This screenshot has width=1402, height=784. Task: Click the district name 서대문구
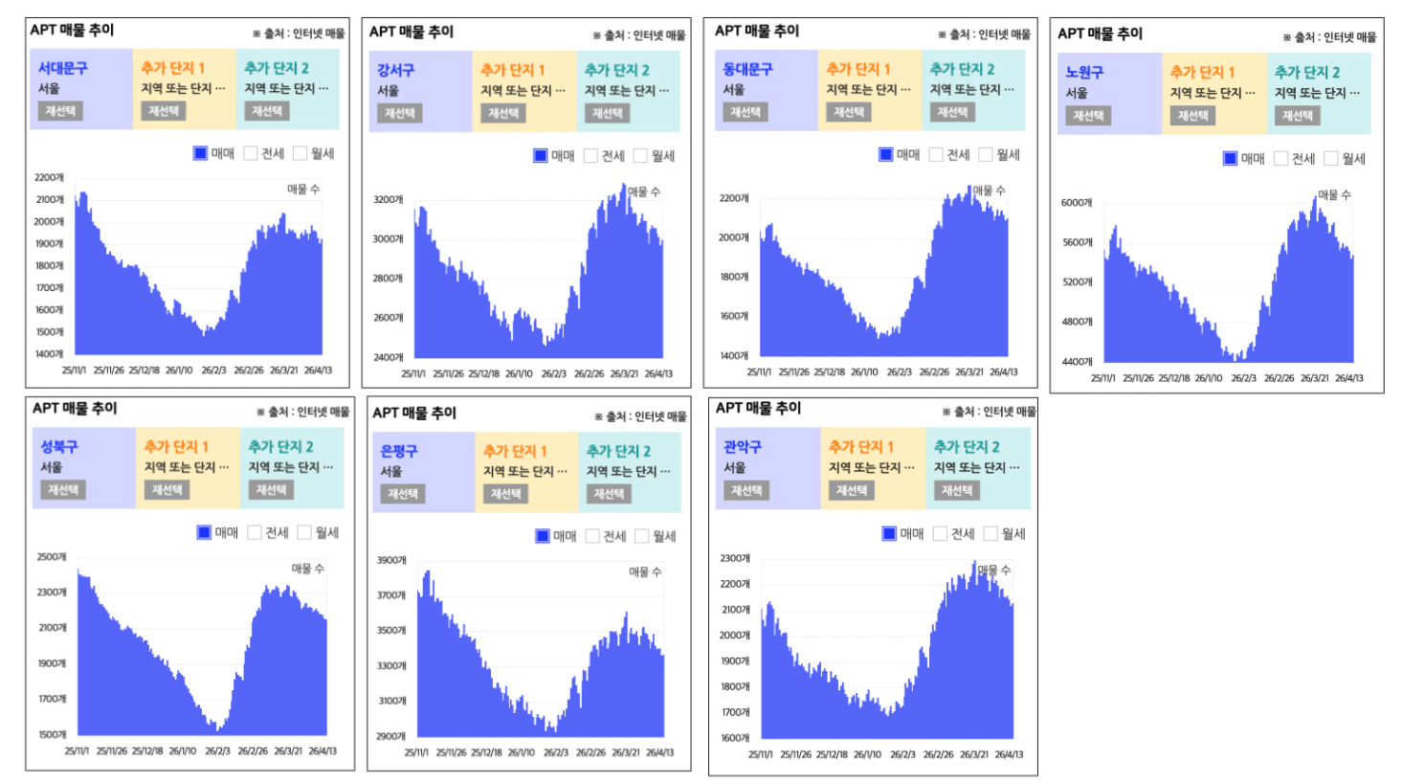[x=62, y=68]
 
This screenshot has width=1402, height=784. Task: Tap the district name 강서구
[x=395, y=70]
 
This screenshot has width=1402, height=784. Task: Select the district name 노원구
[x=1084, y=72]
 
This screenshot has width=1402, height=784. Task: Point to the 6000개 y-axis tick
[x=1076, y=203]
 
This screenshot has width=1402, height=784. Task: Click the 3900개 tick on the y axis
[x=390, y=560]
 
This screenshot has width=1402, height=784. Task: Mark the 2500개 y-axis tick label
[x=52, y=557]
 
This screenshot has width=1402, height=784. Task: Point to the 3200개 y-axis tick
[x=388, y=200]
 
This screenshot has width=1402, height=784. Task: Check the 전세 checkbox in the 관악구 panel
[x=940, y=534]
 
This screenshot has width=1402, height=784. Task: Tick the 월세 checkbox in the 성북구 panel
[x=304, y=532]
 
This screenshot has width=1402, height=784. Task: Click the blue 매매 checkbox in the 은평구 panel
[x=543, y=536]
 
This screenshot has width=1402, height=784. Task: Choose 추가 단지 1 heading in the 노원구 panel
[x=1202, y=72]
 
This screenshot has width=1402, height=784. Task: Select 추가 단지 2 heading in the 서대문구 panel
[x=276, y=68]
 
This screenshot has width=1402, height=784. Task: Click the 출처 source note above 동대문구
[x=984, y=34]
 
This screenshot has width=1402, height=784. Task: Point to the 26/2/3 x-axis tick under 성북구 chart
[x=217, y=751]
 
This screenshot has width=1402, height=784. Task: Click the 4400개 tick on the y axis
[x=1076, y=362]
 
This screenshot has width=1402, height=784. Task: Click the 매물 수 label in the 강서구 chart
[x=643, y=192]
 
